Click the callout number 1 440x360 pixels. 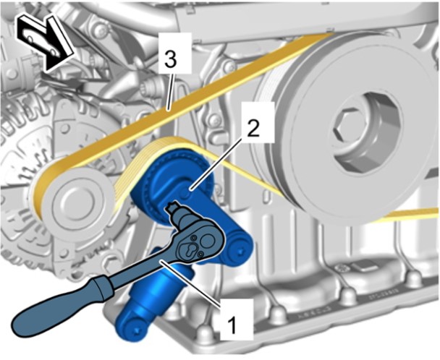(x=232, y=325)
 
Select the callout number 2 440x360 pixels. (x=253, y=127)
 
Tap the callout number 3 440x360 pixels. (x=171, y=59)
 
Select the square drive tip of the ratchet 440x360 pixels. (x=170, y=207)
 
